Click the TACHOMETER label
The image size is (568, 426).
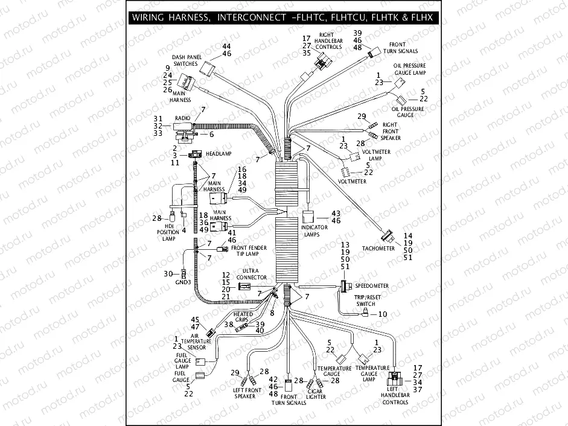378,249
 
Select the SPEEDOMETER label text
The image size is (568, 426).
372,285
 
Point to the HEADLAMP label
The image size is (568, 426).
219,154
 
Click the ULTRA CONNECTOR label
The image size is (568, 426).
255,274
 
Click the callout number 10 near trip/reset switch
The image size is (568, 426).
382,314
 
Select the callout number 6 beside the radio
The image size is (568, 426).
212,135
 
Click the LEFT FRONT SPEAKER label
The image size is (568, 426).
245,393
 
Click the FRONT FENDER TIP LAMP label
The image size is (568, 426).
249,250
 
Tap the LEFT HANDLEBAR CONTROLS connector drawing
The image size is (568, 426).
395,378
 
